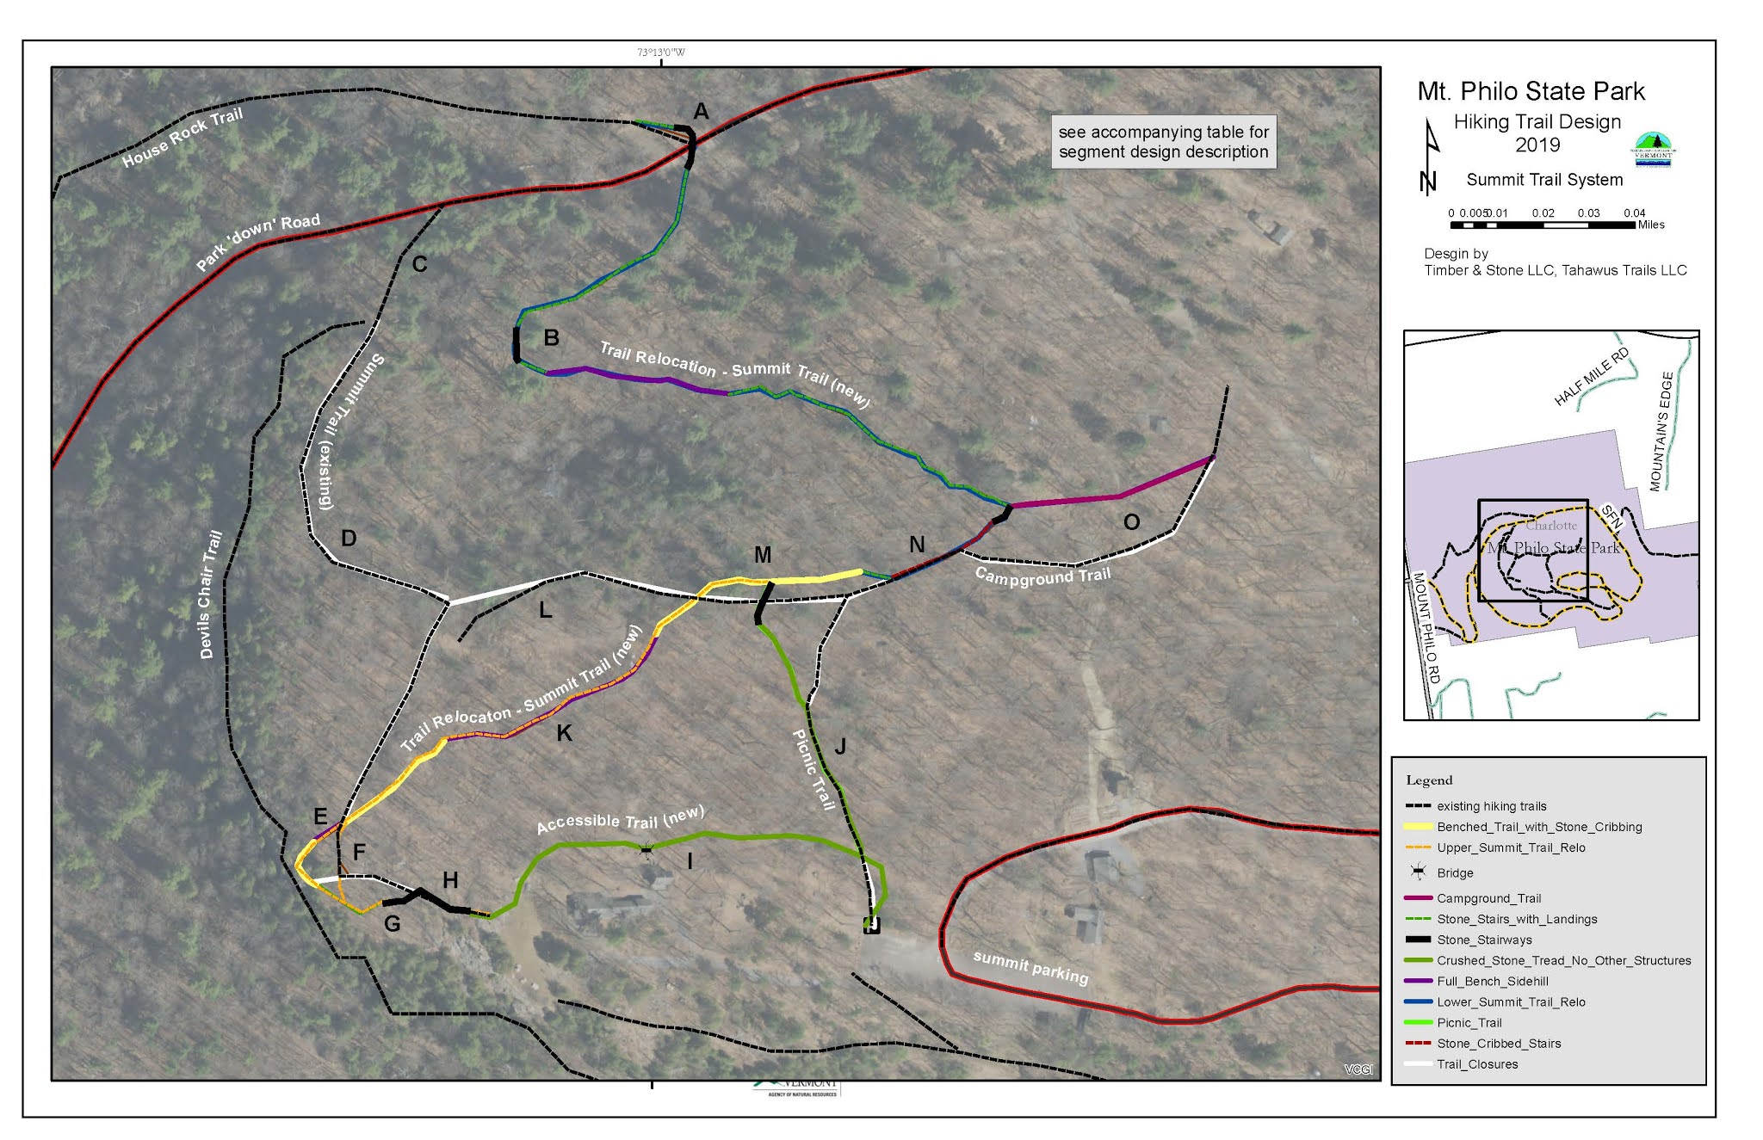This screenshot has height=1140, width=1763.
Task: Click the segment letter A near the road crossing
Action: (702, 112)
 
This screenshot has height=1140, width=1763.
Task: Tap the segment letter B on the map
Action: (552, 338)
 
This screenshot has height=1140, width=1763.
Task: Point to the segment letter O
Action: (1132, 522)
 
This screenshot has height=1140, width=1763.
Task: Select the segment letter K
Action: (565, 733)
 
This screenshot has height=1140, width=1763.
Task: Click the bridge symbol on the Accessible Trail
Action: (646, 851)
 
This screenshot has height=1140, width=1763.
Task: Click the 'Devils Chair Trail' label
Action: (210, 595)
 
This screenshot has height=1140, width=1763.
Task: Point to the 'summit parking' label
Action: (1030, 967)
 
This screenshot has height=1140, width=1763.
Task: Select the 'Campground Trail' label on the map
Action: (1042, 576)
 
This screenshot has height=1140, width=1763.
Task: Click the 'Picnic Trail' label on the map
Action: (813, 770)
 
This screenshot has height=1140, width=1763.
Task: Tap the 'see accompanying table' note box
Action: (1163, 142)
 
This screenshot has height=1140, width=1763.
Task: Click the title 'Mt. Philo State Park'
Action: (1531, 91)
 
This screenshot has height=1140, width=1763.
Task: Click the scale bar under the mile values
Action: (1542, 225)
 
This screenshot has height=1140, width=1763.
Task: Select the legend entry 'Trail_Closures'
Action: (1477, 1064)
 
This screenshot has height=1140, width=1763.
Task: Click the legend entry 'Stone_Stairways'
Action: (1484, 940)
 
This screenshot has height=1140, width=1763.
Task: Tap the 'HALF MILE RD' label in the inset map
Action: (1592, 377)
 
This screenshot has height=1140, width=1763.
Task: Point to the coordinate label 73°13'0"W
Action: (661, 52)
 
